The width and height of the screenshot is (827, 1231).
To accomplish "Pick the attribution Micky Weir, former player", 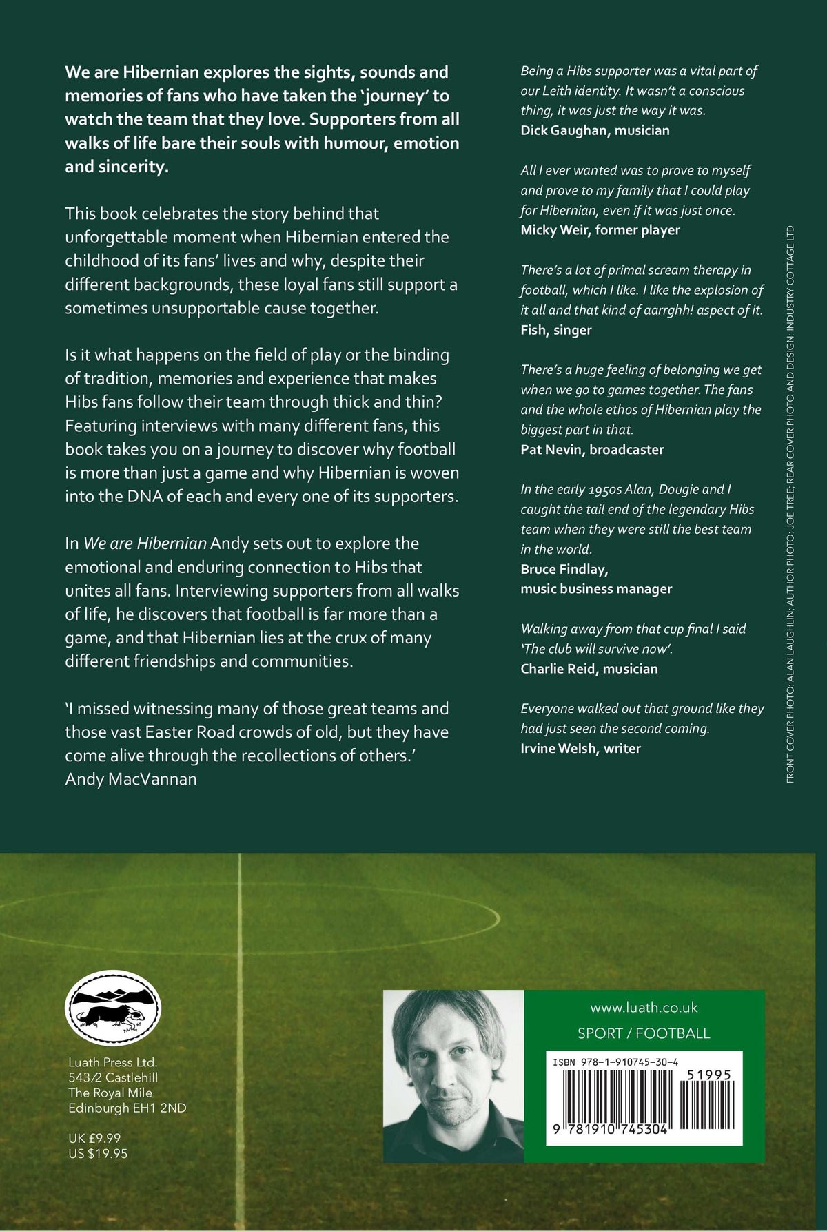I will pyautogui.click(x=600, y=230).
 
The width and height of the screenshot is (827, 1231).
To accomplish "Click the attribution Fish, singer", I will pyautogui.click(x=556, y=330).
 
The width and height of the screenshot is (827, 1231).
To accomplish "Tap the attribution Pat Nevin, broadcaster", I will pyautogui.click(x=592, y=450).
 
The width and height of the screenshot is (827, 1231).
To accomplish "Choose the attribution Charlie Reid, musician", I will pyautogui.click(x=589, y=668).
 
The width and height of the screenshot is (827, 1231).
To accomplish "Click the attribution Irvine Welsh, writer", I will pyautogui.click(x=581, y=748).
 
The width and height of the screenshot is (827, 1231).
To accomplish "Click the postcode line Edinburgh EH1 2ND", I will pyautogui.click(x=127, y=1108).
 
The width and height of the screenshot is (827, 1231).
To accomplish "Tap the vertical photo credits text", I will pyautogui.click(x=790, y=503).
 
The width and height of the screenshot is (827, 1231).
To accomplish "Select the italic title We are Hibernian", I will pyautogui.click(x=145, y=544).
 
